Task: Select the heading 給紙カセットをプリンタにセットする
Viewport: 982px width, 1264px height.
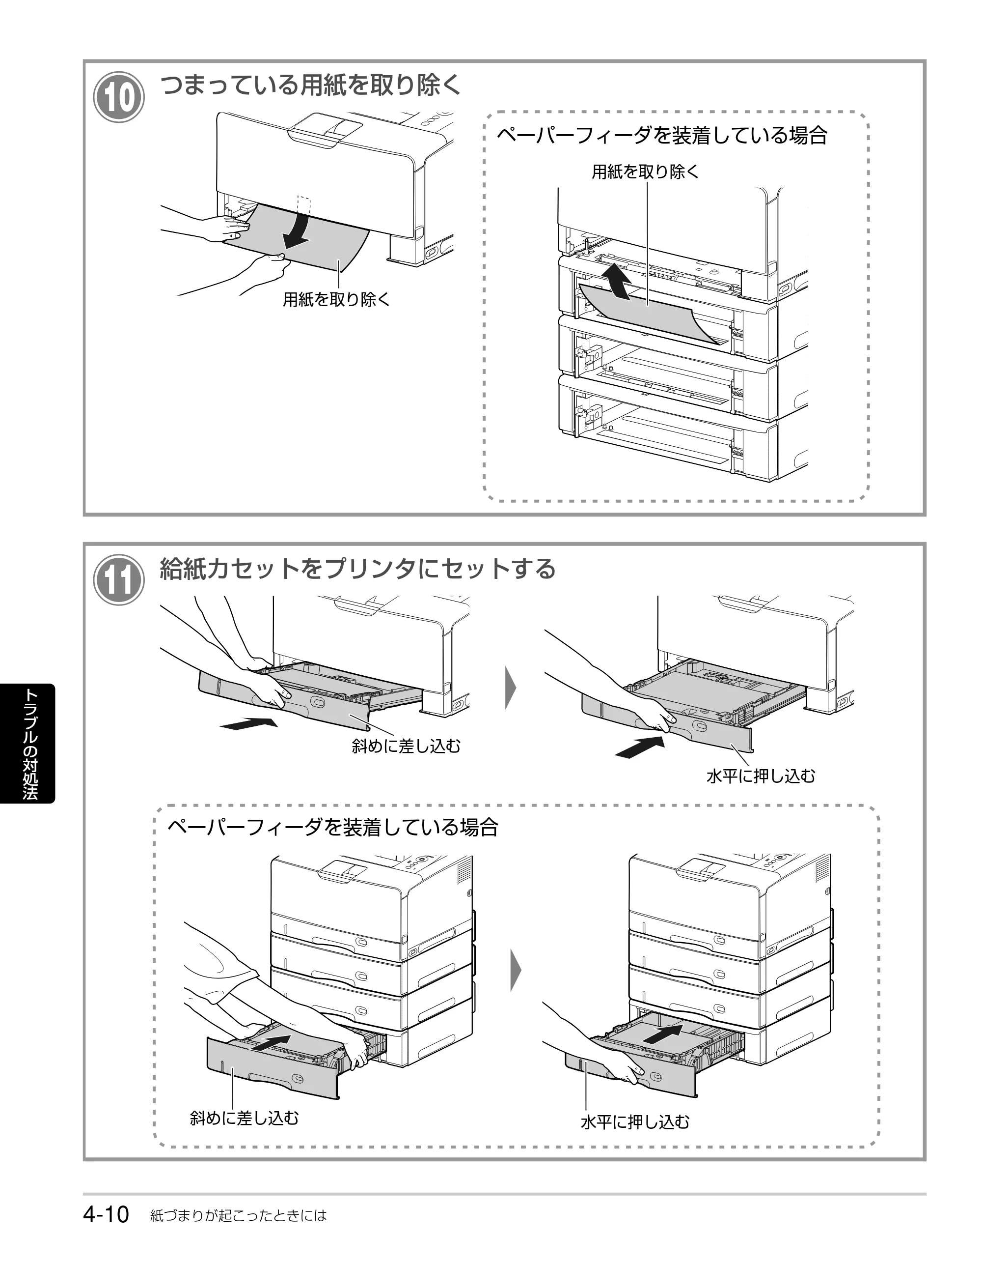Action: click(x=357, y=568)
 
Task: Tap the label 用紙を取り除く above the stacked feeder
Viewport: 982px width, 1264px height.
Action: click(x=645, y=172)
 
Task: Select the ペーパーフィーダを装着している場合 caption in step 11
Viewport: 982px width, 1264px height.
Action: click(x=332, y=827)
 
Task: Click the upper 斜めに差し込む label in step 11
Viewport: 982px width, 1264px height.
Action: click(x=406, y=746)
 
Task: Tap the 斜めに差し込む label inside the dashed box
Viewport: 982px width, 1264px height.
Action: click(x=244, y=1118)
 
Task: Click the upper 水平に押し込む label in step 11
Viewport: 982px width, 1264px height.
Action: click(x=761, y=776)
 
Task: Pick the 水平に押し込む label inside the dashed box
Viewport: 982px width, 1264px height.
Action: click(x=635, y=1122)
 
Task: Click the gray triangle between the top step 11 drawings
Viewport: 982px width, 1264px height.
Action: click(x=510, y=688)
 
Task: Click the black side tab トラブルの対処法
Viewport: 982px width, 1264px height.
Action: click(x=28, y=744)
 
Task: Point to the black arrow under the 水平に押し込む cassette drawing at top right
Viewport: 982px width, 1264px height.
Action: click(x=640, y=747)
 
